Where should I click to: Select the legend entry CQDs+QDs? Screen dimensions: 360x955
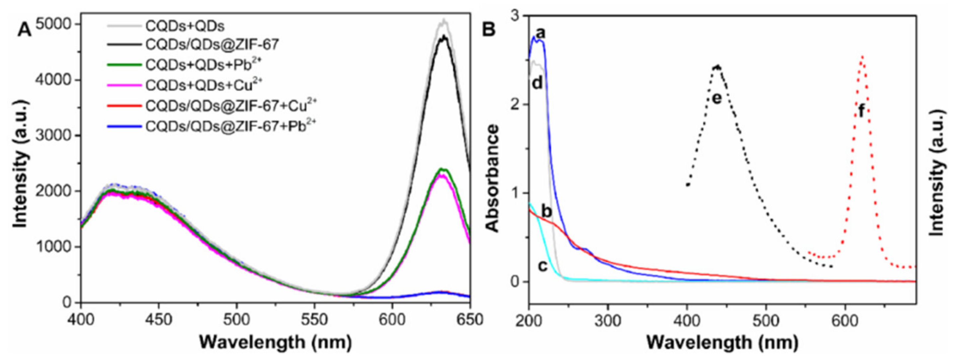pyautogui.click(x=185, y=26)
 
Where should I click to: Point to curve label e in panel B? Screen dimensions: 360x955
pyautogui.click(x=717, y=99)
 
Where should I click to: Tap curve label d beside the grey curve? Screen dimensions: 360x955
pyautogui.click(x=537, y=83)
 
